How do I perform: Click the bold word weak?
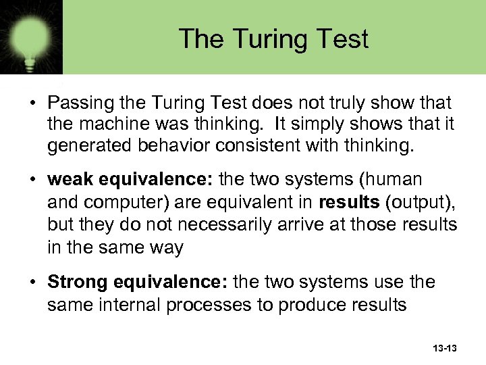[70, 180]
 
